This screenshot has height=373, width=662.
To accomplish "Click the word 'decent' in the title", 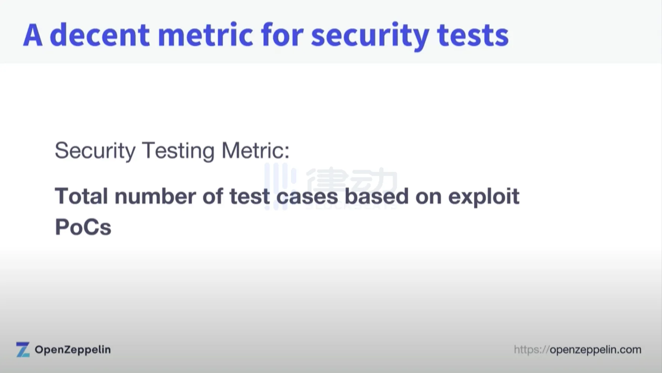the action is (100, 35).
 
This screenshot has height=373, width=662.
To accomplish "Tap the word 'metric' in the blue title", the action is (206, 35).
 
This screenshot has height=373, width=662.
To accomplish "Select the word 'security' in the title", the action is (370, 37).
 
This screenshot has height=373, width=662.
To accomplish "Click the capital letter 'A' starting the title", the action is (32, 35).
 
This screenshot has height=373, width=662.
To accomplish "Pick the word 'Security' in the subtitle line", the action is (95, 151).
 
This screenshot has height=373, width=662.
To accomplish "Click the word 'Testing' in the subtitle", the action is (178, 151).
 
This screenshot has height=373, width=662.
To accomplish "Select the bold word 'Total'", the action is (81, 196).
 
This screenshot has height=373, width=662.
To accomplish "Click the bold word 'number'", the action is (155, 196).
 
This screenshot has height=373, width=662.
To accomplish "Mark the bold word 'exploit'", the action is (484, 198).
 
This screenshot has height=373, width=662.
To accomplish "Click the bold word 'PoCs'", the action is (83, 227).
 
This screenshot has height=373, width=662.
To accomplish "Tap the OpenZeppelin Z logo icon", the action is (23, 349).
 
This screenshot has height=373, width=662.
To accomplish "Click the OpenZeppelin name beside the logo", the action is (73, 350).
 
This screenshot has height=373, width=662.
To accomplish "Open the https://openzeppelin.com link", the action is (578, 350).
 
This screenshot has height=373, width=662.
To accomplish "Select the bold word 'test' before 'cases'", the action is (249, 197).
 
